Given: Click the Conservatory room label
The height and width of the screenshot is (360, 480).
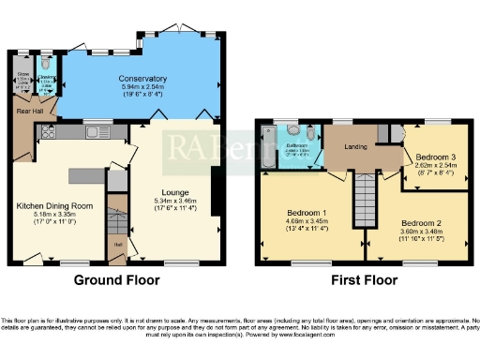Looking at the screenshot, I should click(142, 78).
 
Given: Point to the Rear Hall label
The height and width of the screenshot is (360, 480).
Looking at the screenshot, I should click(26, 112).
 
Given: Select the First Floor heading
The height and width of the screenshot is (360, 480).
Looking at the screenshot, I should click(359, 278).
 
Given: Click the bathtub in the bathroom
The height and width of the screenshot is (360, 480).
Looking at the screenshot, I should click(268, 152).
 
